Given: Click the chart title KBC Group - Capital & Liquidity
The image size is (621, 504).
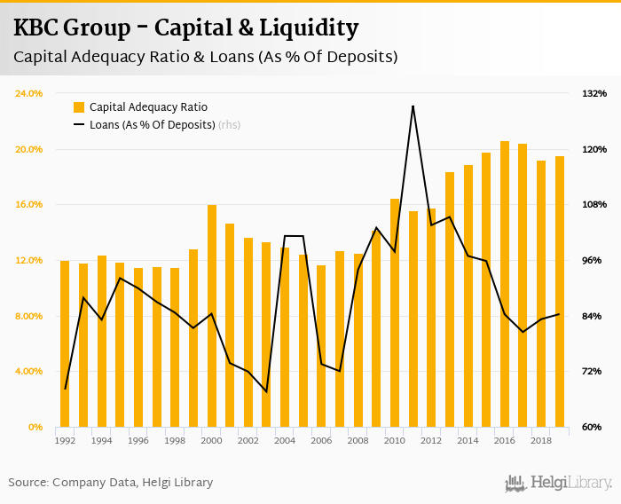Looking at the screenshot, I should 186,28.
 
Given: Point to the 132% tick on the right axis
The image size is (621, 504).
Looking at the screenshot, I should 594,93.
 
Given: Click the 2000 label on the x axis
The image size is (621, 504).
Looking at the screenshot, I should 211,440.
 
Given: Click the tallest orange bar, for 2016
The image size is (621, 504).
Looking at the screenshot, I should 505,284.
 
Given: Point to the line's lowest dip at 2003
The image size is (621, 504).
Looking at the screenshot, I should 266,391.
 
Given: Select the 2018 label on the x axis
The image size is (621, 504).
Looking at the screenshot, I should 541,440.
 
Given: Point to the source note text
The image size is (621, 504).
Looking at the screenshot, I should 111,483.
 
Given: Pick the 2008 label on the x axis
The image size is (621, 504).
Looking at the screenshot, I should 358,440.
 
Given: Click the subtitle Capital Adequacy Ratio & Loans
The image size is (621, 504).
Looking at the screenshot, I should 205,57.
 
